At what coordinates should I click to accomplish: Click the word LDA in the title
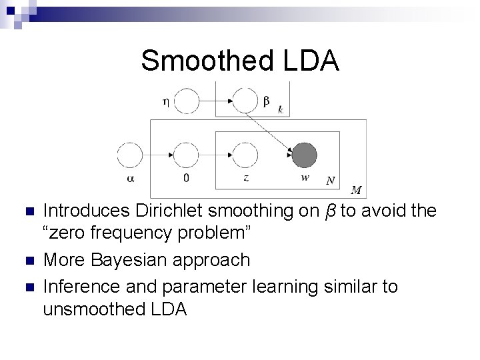[x=309, y=61]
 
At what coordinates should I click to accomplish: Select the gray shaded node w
[x=305, y=155]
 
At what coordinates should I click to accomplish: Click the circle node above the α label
[x=130, y=155]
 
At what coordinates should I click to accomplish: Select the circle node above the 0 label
[x=187, y=155]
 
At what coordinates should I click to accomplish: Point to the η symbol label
[x=165, y=101]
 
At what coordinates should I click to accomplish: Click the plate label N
[x=330, y=180]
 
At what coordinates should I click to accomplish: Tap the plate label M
[x=356, y=191]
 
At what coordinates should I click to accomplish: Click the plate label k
[x=281, y=109]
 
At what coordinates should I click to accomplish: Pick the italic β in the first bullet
[x=329, y=211]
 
